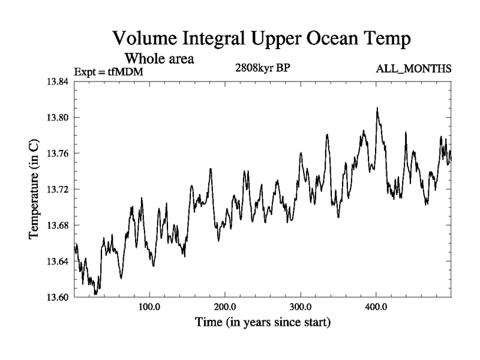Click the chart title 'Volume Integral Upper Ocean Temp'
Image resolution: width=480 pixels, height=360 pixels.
pos(262,40)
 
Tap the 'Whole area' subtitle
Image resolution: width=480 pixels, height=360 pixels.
pos(159,59)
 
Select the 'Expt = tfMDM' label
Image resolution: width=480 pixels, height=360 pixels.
pos(109,73)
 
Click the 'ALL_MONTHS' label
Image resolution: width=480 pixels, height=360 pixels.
pos(413,70)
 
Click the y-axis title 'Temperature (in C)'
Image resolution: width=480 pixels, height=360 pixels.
pos(34,189)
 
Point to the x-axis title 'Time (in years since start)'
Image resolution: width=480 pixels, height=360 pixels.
pos(262,323)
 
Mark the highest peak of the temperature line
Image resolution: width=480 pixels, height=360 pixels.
pos(377,109)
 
